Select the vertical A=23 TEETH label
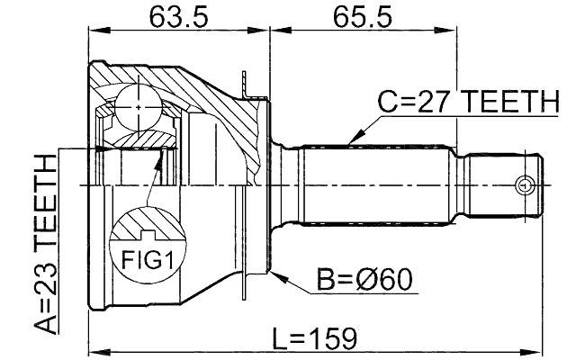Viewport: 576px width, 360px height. point(42,243)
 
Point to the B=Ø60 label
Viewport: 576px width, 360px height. point(364,280)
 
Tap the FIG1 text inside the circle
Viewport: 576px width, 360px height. point(146,261)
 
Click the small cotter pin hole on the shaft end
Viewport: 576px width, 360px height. point(522,185)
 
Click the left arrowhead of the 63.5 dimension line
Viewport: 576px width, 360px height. point(93,30)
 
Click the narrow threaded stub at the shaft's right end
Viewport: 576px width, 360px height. point(504,185)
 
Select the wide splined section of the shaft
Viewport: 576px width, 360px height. point(378,185)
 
